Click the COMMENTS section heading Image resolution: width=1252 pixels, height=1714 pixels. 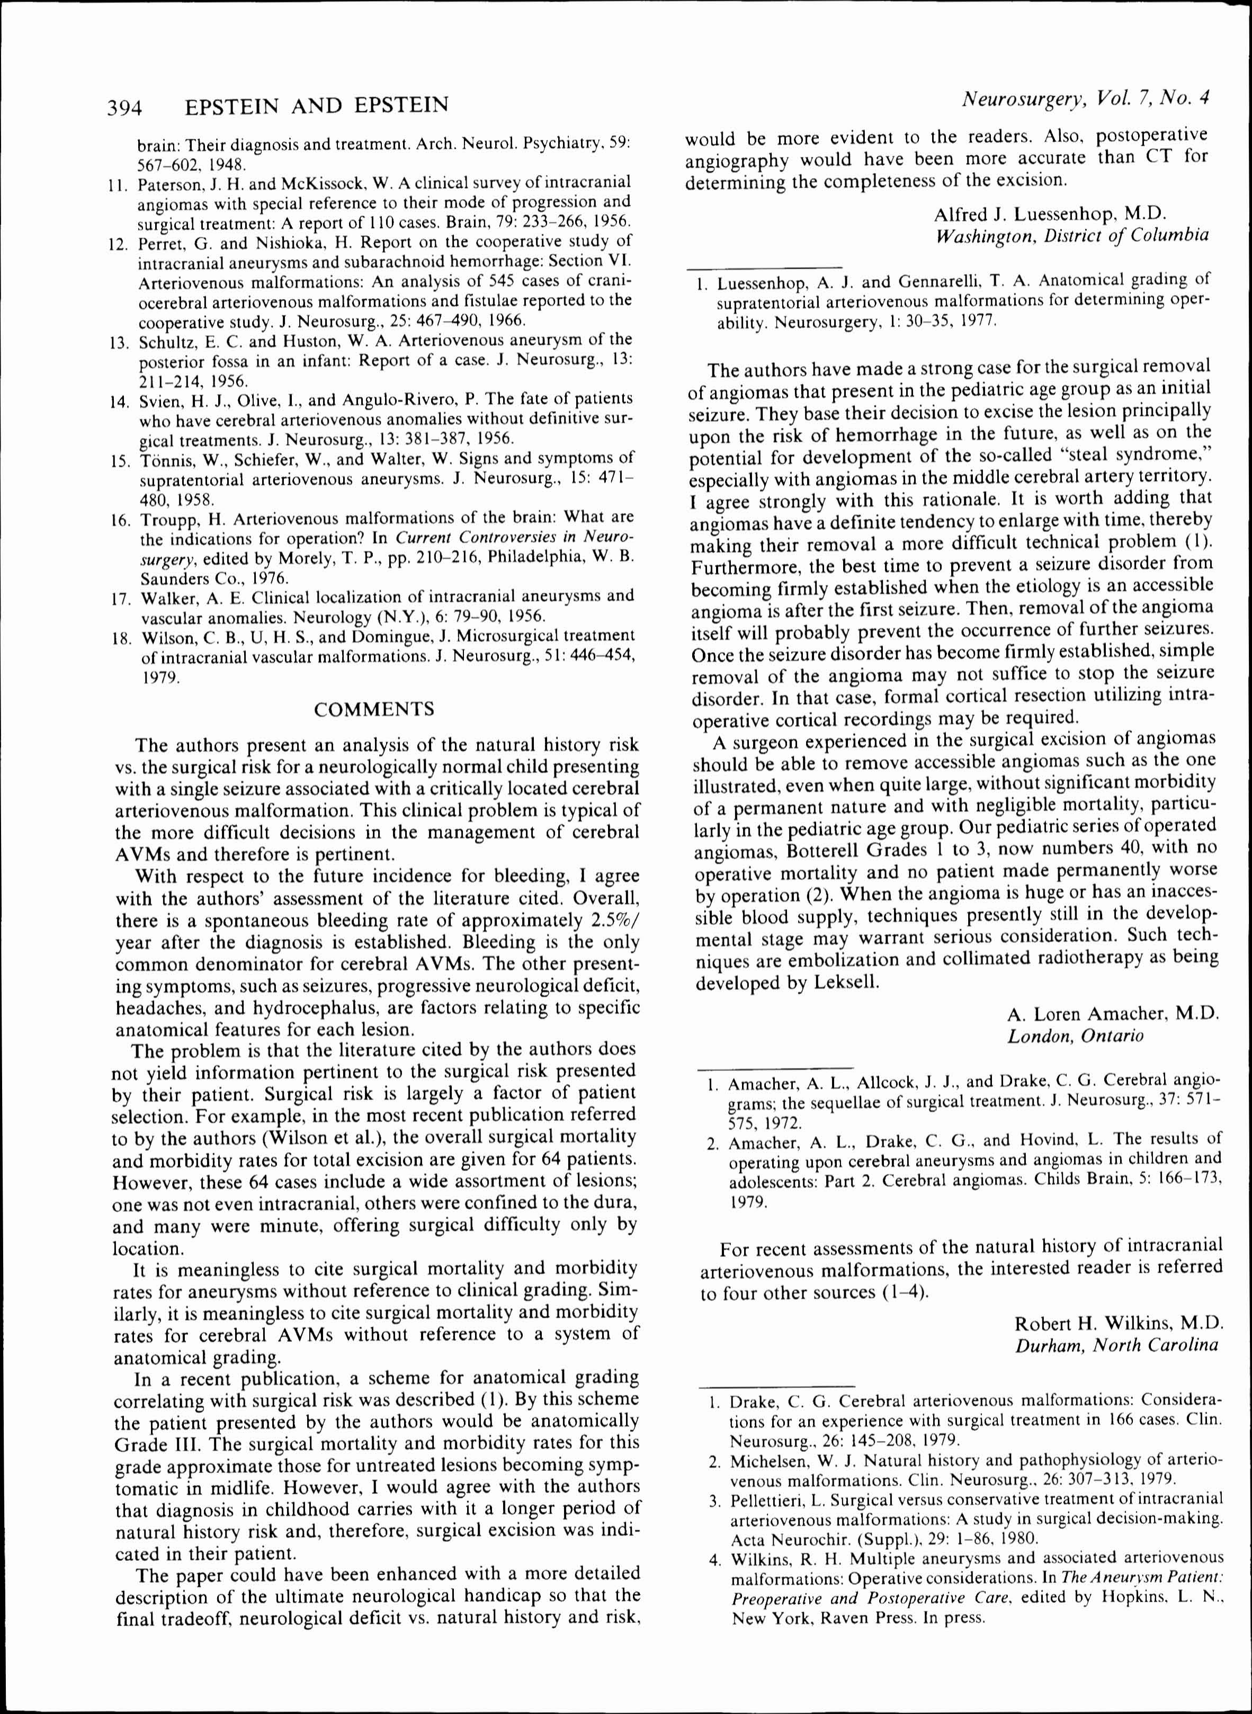point(374,709)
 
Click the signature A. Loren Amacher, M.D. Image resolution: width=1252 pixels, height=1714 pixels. point(1113,1014)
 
